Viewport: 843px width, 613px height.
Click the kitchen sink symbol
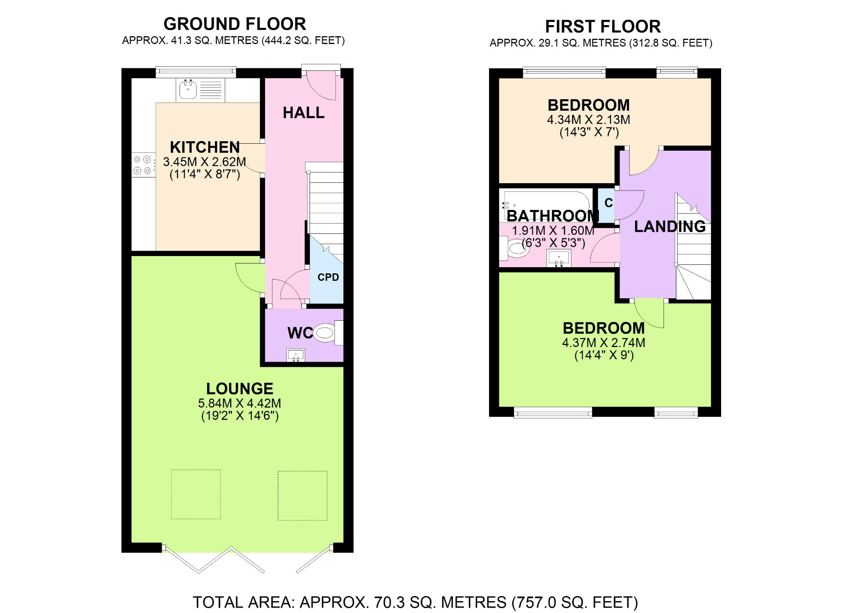coord(188,90)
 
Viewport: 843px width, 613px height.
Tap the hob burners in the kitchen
coord(142,165)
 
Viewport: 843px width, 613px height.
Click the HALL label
coord(303,112)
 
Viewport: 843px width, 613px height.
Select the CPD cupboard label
coord(328,277)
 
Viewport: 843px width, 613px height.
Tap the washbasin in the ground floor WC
coord(296,355)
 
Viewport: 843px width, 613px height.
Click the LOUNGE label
coord(240,389)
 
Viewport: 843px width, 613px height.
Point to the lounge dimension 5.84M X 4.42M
coord(240,403)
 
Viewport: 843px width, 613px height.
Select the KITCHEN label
coord(205,147)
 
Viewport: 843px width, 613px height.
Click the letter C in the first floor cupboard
coord(608,203)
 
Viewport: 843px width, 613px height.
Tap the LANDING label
coord(670,226)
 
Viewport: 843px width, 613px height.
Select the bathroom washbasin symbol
coord(559,259)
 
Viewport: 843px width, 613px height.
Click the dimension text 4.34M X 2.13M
coord(588,120)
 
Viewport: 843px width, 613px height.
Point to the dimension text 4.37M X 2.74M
coord(603,343)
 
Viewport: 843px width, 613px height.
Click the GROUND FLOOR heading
coord(235,24)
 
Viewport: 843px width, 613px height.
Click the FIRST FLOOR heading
coord(603,26)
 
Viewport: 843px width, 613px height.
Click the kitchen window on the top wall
coord(196,72)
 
